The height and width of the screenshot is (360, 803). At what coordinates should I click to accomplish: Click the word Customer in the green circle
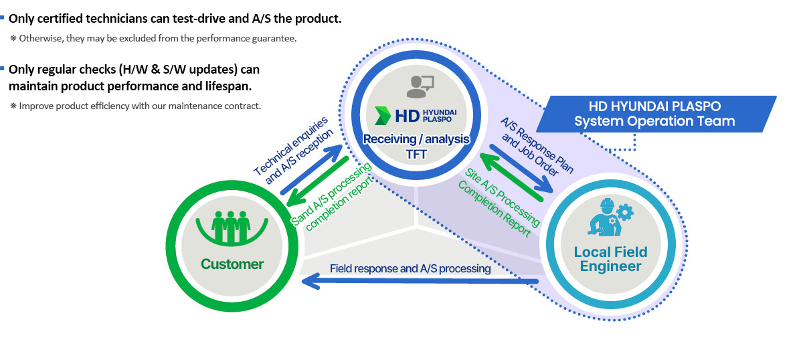(232, 264)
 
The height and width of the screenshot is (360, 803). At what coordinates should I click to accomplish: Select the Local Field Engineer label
(610, 259)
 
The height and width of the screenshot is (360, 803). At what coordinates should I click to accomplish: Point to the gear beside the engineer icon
(625, 212)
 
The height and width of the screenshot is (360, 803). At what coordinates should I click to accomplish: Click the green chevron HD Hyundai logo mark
(382, 116)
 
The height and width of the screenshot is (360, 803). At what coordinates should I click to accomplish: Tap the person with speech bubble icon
(420, 86)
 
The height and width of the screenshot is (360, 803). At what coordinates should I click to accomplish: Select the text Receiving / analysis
(416, 139)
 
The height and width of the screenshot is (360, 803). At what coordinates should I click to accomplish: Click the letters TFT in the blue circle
(416, 154)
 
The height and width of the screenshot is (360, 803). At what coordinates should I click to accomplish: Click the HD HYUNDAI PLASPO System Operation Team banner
(656, 114)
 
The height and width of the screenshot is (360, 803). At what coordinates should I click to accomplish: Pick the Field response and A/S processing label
(410, 268)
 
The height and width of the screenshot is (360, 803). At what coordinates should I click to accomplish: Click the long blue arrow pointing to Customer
(420, 281)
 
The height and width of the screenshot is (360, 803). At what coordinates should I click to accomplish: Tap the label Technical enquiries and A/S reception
(293, 151)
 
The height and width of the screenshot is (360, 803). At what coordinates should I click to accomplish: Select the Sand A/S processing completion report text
(332, 197)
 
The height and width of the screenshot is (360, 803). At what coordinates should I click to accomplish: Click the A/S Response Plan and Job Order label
(537, 147)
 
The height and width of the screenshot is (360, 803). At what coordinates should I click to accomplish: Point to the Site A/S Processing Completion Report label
(499, 202)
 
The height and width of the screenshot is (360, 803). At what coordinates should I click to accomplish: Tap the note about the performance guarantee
(153, 38)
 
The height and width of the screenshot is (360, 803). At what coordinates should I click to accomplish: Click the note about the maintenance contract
(135, 106)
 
